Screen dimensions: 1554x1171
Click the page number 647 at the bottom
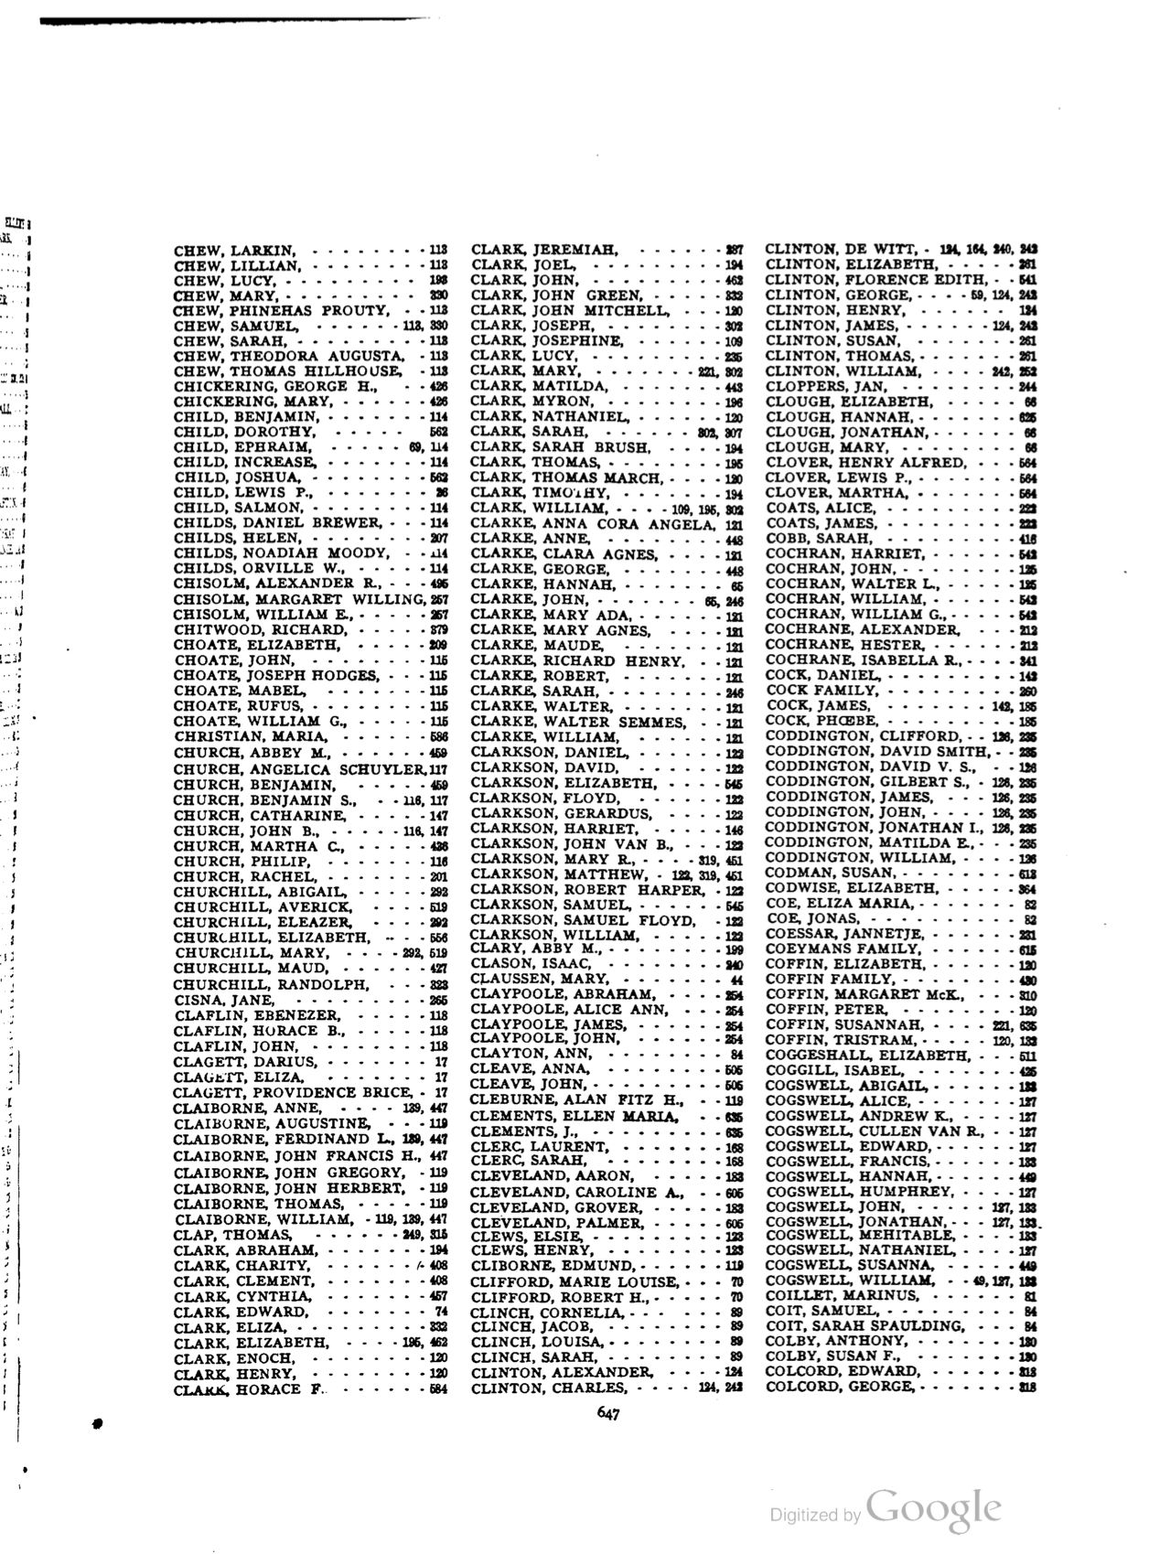(x=608, y=1413)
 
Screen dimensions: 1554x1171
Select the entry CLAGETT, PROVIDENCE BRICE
(x=292, y=1092)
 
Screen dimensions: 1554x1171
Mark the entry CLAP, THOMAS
(x=232, y=1234)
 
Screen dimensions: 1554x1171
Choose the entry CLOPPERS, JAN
(x=825, y=386)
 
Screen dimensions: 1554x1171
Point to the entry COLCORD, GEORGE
(x=839, y=1387)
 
